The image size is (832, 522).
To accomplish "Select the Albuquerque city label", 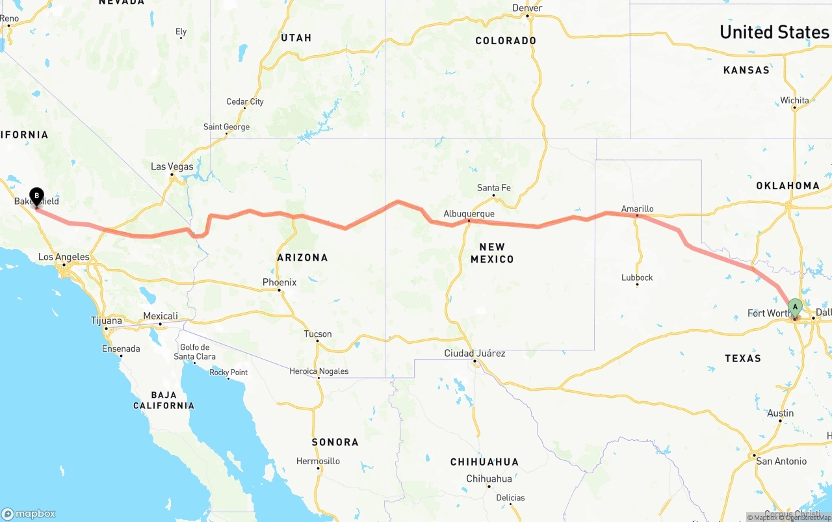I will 469,213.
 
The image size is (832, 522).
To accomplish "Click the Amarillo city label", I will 637,209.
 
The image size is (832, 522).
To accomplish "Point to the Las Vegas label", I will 172,166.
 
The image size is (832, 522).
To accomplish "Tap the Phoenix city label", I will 279,282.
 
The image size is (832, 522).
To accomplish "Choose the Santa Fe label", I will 493,188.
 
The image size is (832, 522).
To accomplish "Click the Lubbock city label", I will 637,278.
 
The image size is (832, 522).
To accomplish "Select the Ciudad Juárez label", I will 474,354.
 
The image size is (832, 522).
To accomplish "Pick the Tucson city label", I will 318,334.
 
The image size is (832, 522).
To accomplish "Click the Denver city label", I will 527,8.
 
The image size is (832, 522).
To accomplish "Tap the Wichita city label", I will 795,100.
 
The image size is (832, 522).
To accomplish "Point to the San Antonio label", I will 781,461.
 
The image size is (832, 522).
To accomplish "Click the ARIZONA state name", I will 302,257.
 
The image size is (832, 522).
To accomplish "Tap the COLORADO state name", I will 506,40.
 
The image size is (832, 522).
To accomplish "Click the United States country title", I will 773,32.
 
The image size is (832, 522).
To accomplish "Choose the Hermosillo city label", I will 318,461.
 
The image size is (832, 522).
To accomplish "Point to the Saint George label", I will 226,127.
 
